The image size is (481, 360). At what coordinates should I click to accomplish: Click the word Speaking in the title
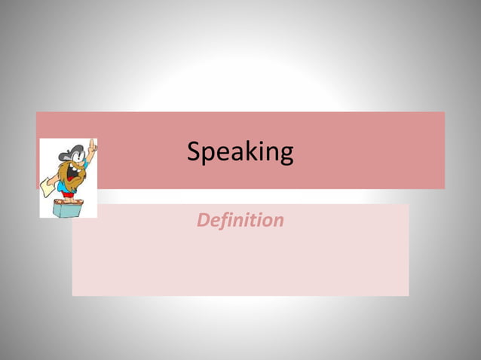coord(240,152)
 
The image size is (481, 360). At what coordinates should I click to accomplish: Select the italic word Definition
coord(240,221)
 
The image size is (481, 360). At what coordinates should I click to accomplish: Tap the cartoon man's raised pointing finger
coord(93,143)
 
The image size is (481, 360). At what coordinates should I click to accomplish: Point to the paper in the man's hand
coord(48,184)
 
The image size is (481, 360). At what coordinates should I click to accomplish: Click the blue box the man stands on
coord(68,207)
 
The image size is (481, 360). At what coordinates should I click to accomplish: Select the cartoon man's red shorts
coord(69,193)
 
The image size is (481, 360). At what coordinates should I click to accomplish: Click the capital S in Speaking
coord(194,151)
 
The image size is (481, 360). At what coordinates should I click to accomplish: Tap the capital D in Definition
coord(203,221)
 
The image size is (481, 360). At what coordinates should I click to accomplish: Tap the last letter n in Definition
coord(279,221)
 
